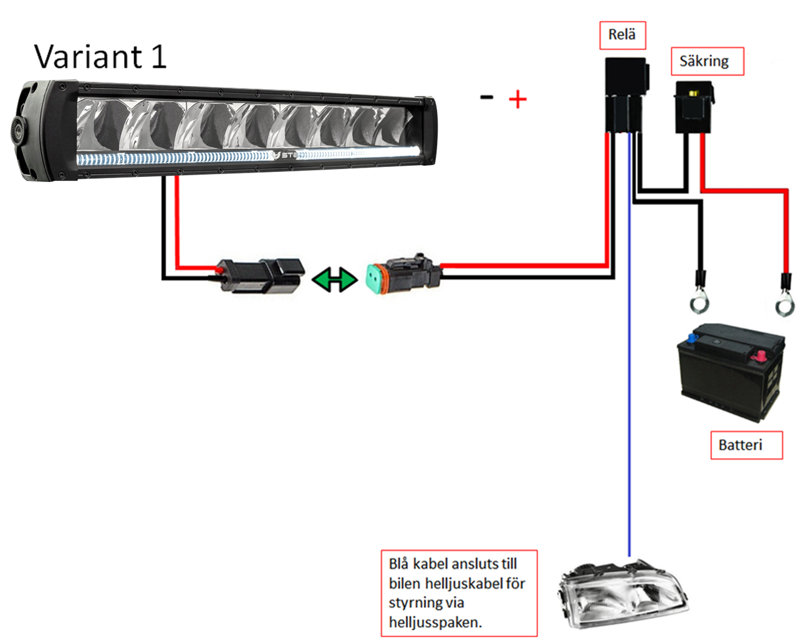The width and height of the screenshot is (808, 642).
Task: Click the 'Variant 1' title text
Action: coord(100,57)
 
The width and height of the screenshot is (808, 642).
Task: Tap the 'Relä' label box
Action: coord(622,36)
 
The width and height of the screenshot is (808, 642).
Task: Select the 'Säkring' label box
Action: coord(708,61)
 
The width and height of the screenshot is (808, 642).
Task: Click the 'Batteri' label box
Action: coord(746,445)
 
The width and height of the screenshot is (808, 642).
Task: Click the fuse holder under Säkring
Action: coord(694,107)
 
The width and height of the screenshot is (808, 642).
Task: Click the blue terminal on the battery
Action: coord(691,338)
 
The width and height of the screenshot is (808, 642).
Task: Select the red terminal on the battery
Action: coord(759,355)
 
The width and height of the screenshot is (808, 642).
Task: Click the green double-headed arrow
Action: coord(335,279)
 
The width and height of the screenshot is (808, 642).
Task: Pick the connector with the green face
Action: coord(403,274)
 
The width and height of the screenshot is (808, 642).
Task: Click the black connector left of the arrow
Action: coord(261,275)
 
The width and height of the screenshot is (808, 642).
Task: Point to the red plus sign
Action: coord(517,100)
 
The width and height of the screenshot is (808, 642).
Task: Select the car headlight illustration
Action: coord(623,595)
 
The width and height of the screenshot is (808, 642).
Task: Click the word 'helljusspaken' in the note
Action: coord(435,623)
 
